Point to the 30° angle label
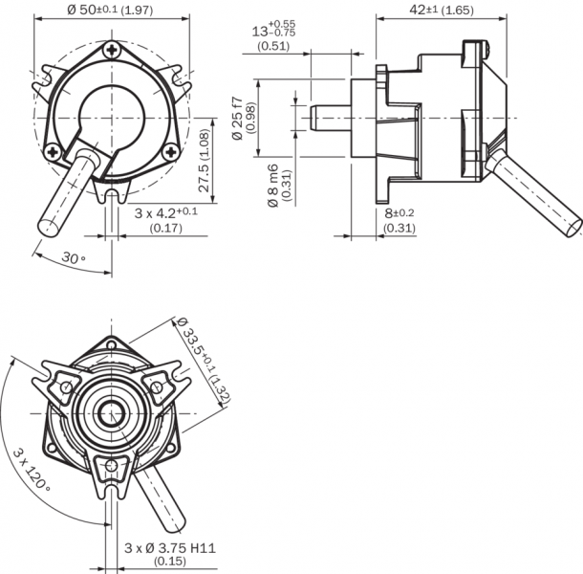[x=74, y=259]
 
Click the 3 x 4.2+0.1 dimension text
[x=165, y=211]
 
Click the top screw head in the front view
[x=113, y=49]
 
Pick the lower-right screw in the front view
[x=170, y=149]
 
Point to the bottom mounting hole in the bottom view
[x=113, y=466]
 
